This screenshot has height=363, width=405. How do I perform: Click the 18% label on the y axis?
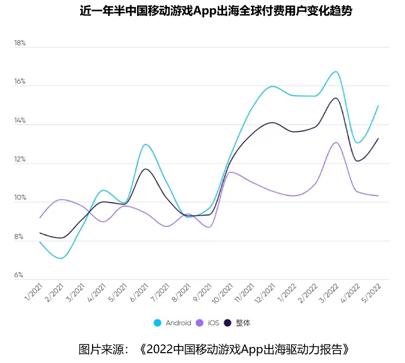click(20, 43)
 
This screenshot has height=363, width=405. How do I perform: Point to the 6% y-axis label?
click(19, 275)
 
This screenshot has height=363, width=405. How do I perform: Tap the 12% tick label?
click(20, 159)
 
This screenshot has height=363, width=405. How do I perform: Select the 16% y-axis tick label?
click(20, 82)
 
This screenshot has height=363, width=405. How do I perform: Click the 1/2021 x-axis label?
click(34, 294)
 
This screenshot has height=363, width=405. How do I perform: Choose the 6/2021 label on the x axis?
click(140, 294)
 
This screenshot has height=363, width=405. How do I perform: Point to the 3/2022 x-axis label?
click(329, 294)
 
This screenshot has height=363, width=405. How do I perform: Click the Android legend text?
click(178, 323)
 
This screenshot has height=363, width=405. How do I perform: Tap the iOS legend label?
click(214, 323)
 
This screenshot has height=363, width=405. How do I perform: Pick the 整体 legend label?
click(243, 323)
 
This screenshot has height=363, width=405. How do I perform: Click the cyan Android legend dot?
click(158, 323)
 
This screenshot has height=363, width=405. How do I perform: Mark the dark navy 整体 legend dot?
click(228, 323)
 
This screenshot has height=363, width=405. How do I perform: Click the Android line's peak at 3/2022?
click(336, 71)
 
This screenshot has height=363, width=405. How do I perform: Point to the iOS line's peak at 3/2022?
click(336, 142)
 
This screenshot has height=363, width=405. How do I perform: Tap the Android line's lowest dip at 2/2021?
click(61, 258)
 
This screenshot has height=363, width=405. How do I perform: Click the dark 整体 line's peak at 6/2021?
click(145, 169)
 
